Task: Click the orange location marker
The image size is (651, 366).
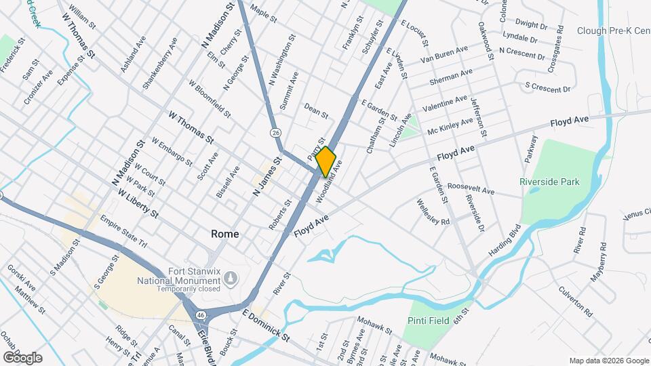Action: (x=326, y=161)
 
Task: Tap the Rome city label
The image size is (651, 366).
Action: (x=224, y=234)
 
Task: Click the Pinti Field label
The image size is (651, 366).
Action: (x=429, y=321)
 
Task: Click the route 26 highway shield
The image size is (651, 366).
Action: (x=275, y=132)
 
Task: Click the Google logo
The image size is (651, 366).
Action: (x=22, y=357)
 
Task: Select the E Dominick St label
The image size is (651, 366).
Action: (x=266, y=325)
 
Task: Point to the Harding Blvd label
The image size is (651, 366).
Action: (x=504, y=240)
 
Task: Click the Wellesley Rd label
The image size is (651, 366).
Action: (x=433, y=212)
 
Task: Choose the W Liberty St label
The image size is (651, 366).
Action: (x=138, y=204)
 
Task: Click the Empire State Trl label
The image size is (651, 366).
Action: (x=123, y=232)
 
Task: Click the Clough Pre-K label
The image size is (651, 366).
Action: (x=613, y=30)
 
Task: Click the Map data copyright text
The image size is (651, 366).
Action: (x=608, y=360)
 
